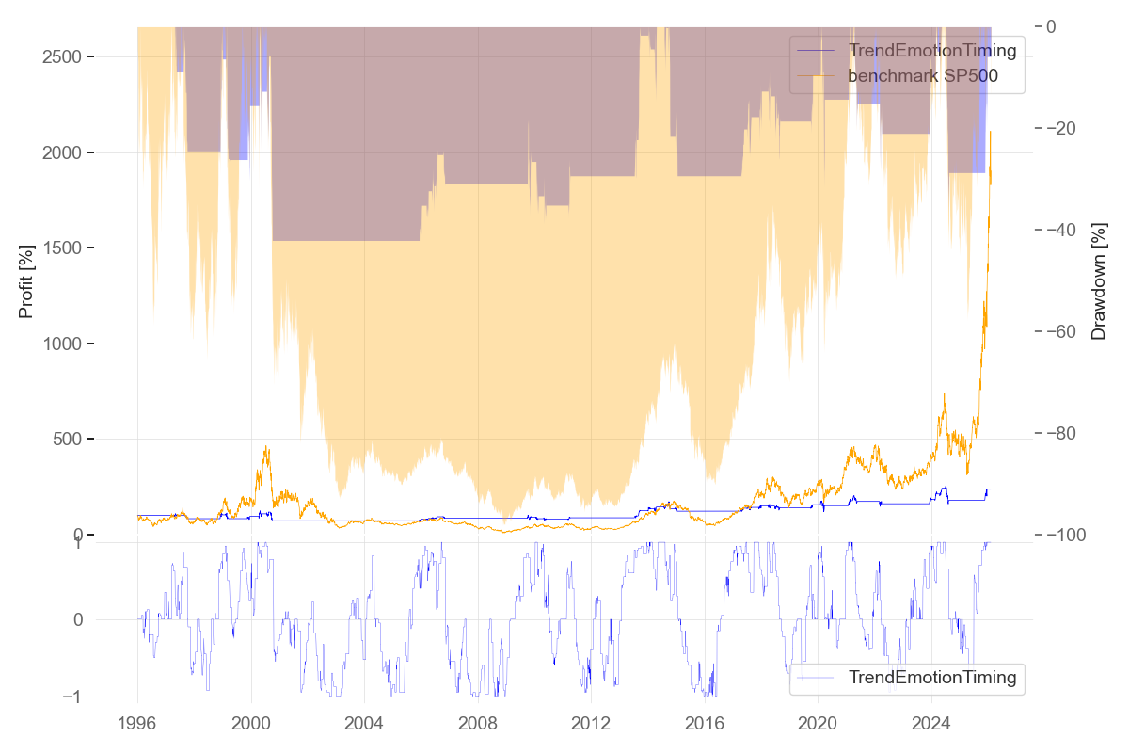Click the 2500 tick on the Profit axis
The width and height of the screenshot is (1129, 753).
(64, 57)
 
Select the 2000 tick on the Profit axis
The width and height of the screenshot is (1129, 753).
(64, 152)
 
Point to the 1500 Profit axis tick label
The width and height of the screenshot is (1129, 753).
(64, 248)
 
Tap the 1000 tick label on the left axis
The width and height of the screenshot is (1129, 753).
(64, 344)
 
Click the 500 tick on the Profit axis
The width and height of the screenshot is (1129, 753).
(70, 440)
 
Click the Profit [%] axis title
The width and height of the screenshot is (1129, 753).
(26, 280)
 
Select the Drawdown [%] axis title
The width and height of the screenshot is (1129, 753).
(1098, 280)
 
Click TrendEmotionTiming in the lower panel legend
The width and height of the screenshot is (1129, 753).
(932, 677)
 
